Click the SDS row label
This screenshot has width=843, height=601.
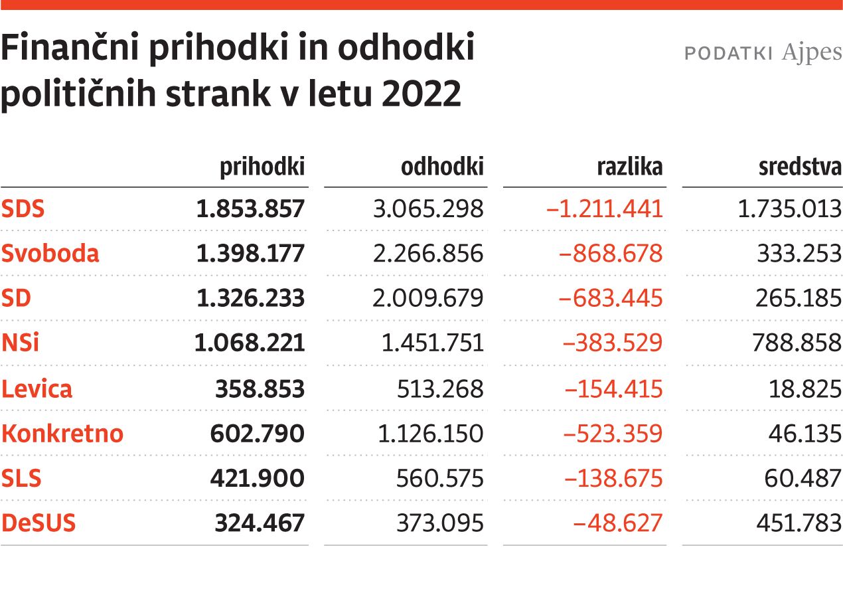[23, 209]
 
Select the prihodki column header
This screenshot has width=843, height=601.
[262, 167]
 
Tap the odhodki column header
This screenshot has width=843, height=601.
[442, 167]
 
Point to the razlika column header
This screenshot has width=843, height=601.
[630, 167]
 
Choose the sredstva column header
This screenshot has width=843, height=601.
[800, 167]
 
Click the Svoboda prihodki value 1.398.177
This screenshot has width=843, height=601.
[250, 254]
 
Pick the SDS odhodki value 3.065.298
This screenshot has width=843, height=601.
[428, 209]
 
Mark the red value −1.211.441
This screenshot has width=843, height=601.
[604, 209]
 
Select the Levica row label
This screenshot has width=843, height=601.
[37, 388]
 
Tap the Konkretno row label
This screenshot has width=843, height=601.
[62, 434]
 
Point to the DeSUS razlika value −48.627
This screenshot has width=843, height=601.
[618, 523]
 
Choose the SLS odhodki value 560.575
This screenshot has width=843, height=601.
[440, 478]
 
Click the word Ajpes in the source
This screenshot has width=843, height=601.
[812, 53]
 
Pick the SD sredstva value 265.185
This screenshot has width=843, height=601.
[799, 298]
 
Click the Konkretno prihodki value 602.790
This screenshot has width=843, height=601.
[258, 434]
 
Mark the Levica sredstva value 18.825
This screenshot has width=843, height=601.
[805, 388]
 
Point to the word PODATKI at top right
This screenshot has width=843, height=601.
[728, 54]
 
